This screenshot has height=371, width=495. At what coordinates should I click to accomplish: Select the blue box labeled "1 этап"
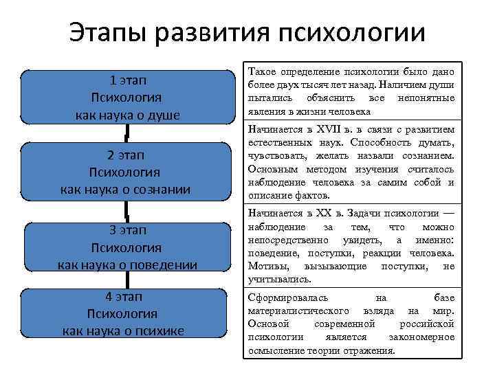(127, 97)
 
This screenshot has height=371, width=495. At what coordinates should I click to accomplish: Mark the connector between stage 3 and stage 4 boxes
(127, 279)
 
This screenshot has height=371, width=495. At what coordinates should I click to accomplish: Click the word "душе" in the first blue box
(164, 115)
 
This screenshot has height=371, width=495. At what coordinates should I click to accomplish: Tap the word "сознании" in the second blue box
(164, 190)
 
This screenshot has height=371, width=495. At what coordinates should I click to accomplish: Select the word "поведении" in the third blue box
(166, 265)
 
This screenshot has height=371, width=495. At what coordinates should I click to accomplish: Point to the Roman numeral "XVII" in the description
(326, 131)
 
